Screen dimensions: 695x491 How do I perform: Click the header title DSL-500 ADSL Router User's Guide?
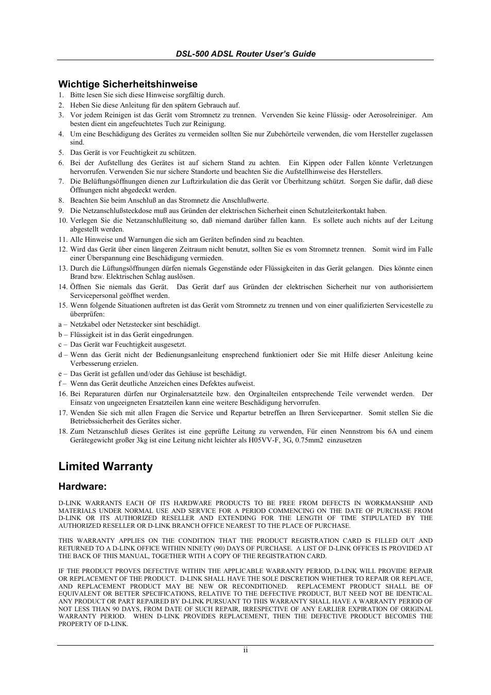point(246,54)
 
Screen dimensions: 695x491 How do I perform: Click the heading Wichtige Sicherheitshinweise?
point(128,84)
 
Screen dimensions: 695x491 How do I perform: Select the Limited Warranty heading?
point(106,467)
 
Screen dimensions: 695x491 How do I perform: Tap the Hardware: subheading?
point(82,487)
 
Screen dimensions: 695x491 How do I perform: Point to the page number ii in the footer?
point(246,650)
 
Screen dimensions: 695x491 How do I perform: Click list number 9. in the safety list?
point(61,210)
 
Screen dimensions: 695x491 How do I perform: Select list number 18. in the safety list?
point(63,432)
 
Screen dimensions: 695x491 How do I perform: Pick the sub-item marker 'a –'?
point(62,325)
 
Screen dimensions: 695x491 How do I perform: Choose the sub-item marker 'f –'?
point(62,384)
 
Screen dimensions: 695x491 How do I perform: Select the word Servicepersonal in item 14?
point(94,296)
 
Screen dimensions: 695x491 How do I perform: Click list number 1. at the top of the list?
point(61,95)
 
